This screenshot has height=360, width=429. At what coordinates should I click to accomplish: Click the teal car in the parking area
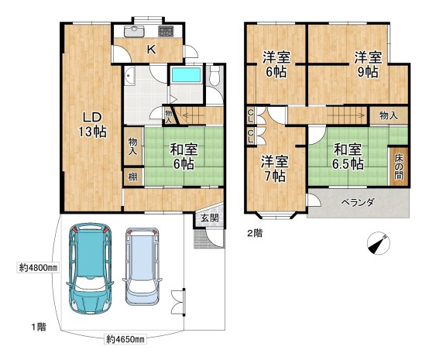[x=90, y=269]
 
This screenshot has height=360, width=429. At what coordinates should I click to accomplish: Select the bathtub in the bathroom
[x=187, y=74]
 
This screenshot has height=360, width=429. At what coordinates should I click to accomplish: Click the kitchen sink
[x=134, y=32]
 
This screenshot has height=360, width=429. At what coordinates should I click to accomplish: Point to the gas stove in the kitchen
[x=166, y=32]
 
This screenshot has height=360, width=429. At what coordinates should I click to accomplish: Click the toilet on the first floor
[x=214, y=75]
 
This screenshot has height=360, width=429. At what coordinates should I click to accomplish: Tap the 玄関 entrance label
[x=210, y=218]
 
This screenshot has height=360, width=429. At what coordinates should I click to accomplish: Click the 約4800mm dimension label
[x=38, y=268]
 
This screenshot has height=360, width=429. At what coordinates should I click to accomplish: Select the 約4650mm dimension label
[x=125, y=339]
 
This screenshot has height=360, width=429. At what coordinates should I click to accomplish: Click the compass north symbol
[x=379, y=243]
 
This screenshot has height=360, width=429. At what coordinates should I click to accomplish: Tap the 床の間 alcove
[x=398, y=167]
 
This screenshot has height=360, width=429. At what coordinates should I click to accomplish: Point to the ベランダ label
[x=357, y=203]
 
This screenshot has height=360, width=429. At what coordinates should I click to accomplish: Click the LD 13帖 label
[x=93, y=125]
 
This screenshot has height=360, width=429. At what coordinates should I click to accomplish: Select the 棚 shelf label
[x=132, y=177]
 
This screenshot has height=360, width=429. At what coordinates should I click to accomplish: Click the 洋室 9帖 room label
[x=368, y=65]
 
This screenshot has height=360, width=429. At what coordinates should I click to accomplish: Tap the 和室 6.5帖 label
[x=348, y=156]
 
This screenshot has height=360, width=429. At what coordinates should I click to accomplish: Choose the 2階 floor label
[x=255, y=233]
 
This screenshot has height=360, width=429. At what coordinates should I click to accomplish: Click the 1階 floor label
[x=39, y=327]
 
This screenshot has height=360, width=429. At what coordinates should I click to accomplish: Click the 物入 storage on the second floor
[x=389, y=115]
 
